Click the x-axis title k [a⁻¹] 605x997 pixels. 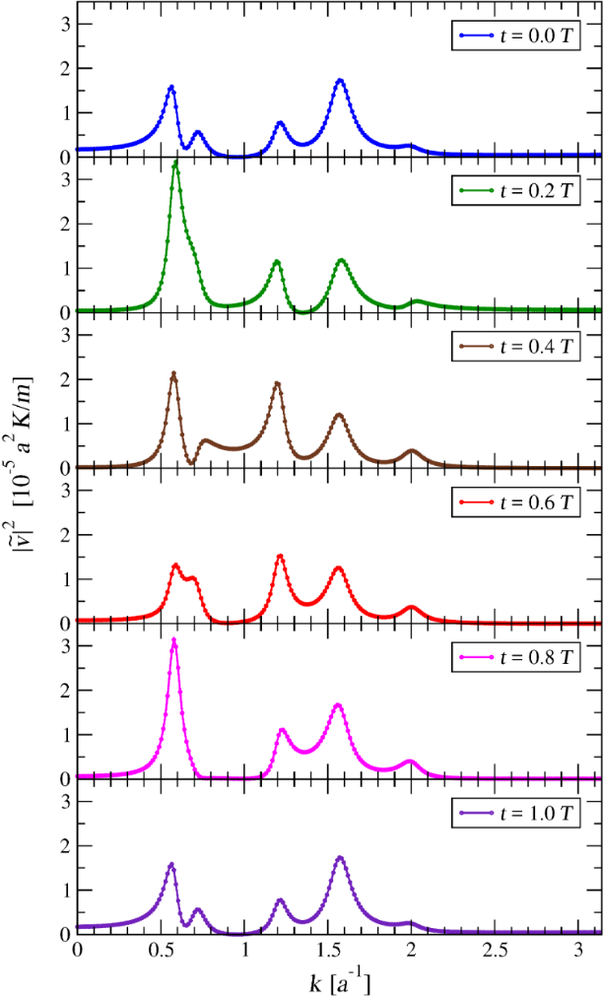click(x=339, y=981)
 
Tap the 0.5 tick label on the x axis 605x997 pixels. click(x=161, y=954)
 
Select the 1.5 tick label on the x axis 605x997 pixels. click(x=327, y=954)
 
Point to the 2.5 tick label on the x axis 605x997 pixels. click(x=495, y=954)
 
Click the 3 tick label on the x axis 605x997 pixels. click(x=578, y=954)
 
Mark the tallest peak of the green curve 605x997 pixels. click(x=175, y=163)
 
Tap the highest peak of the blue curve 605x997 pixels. click(x=340, y=80)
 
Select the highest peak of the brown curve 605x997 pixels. click(x=173, y=373)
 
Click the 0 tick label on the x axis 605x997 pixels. click(x=77, y=954)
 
